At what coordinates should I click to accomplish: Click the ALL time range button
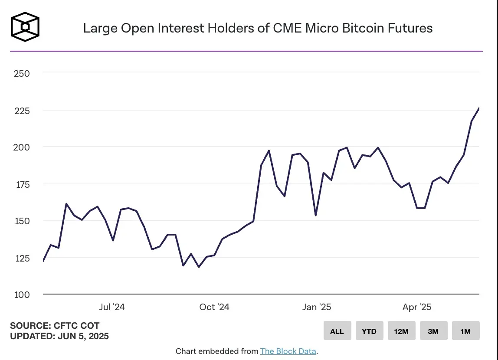coord(337,331)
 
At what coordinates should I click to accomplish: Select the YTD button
coord(369,331)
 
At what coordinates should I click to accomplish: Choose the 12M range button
coord(401,331)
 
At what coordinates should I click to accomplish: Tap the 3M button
coord(433,331)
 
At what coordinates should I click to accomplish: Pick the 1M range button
coord(465,331)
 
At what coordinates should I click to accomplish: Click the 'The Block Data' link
coord(288,351)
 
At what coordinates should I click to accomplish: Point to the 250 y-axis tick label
coord(22,74)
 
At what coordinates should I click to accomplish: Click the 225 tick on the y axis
coord(22,111)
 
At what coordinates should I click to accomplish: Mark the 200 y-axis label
coord(22,147)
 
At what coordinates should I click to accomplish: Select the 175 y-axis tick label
coord(22,184)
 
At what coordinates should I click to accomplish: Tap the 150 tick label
coord(22,221)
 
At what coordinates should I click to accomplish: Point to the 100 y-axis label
coord(22,295)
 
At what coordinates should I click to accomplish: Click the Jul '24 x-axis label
coord(112,308)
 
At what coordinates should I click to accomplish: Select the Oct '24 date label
coord(214,308)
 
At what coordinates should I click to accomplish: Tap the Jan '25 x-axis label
coord(317,308)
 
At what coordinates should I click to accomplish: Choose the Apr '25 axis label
coord(417,308)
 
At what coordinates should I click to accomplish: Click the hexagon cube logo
coord(25,27)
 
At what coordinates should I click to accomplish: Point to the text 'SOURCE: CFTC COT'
coord(55,326)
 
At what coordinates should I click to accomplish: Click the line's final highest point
coord(479,108)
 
